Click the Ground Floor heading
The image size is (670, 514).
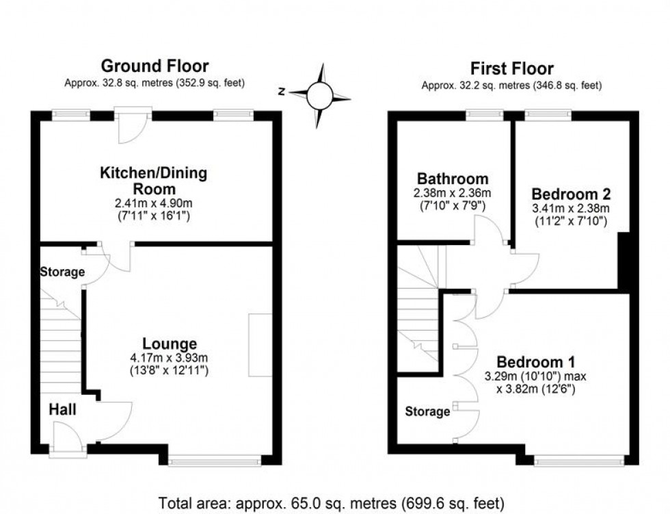[155, 66]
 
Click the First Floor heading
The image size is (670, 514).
[511, 68]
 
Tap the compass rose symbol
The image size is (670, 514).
[319, 96]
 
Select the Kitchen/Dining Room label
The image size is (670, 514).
[154, 181]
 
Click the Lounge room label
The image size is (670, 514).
[170, 344]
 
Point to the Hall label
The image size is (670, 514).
[62, 410]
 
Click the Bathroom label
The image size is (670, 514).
[444, 179]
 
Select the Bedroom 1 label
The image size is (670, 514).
[535, 361]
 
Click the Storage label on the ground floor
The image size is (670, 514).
[62, 272]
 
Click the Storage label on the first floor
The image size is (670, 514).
[427, 411]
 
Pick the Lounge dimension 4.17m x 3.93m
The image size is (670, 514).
[170, 357]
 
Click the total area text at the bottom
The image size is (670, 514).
[332, 503]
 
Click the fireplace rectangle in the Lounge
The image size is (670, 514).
[260, 345]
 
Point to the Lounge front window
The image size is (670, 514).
[215, 462]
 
